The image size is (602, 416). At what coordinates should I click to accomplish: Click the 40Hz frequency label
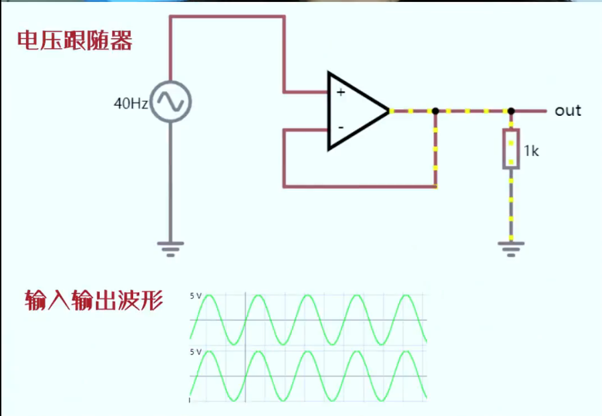(130, 103)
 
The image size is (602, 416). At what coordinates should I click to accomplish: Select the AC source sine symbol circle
(170, 102)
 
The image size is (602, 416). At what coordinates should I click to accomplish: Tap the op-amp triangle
(355, 111)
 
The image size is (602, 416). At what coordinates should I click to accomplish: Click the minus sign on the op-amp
(341, 127)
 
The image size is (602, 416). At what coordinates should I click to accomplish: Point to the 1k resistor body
(511, 149)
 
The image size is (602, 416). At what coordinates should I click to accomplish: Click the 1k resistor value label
(531, 151)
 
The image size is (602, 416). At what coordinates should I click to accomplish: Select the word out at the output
(568, 111)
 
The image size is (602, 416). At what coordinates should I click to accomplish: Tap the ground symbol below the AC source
(170, 249)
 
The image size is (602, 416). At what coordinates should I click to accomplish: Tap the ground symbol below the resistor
(511, 249)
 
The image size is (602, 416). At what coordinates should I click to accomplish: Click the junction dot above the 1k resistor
(511, 111)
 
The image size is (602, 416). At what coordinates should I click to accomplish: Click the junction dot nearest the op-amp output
(435, 111)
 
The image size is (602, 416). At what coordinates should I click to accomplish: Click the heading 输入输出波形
(94, 300)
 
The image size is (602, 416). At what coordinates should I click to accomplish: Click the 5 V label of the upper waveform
(196, 295)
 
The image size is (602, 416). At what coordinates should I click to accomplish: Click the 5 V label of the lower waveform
(196, 352)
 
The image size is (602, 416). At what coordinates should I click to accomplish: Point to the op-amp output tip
(388, 111)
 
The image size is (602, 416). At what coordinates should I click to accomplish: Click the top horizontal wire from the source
(228, 17)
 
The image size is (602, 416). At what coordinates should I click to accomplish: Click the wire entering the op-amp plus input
(305, 92)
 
